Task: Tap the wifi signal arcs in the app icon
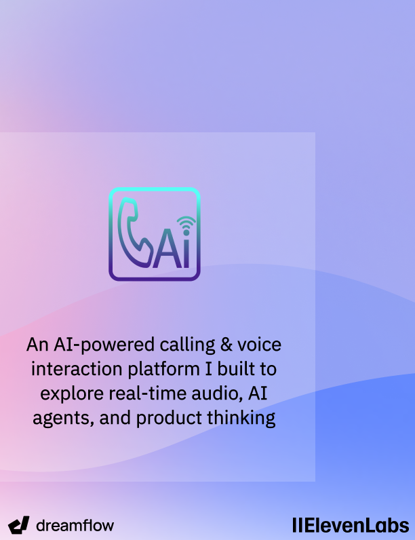pyautogui.click(x=184, y=223)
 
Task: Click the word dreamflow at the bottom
pyautogui.click(x=75, y=525)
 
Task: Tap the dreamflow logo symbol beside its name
pyautogui.click(x=20, y=525)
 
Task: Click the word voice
pyautogui.click(x=260, y=345)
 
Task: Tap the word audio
pyautogui.click(x=213, y=393)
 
